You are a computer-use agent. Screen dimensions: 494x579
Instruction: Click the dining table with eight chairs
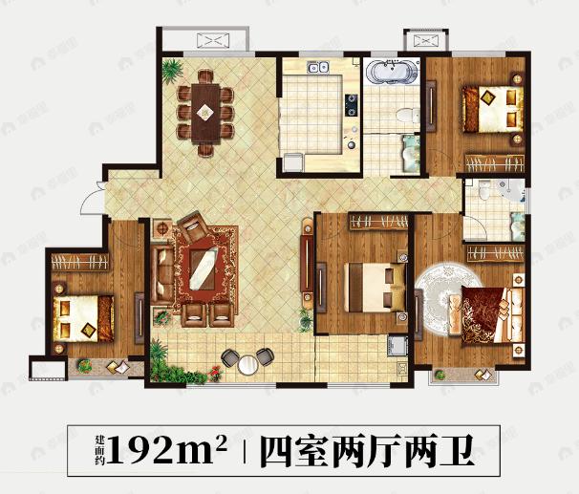click(204, 110)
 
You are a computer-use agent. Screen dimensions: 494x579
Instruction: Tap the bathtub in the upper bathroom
click(393, 74)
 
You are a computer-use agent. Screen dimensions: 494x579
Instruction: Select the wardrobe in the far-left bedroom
click(75, 259)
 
